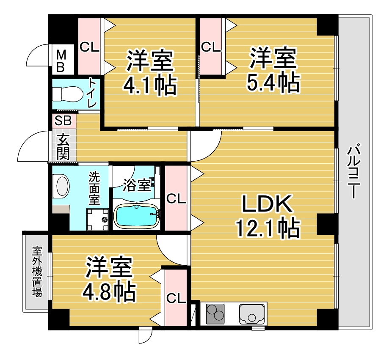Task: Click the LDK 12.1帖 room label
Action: [x=267, y=217]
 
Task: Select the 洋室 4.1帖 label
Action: [x=149, y=72]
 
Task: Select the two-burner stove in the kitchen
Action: [x=216, y=313]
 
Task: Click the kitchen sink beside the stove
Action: [x=252, y=313]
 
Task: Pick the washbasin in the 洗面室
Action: [x=62, y=187]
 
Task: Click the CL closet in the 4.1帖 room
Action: [x=89, y=47]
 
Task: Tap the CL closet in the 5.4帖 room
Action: [x=211, y=47]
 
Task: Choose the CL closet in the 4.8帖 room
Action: [x=176, y=298]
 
